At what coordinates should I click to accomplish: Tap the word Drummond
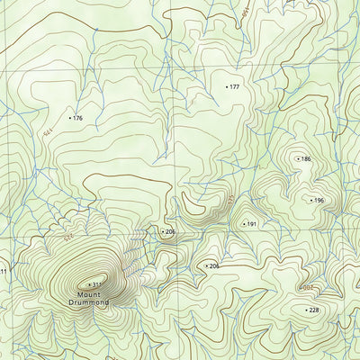click(90, 303)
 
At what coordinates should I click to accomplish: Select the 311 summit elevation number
click(97, 285)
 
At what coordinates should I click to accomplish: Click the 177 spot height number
click(235, 87)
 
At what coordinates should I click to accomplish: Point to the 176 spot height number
click(77, 118)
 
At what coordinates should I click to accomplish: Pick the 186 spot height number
click(306, 159)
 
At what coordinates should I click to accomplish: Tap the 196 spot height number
click(319, 200)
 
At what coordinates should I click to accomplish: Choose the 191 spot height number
click(252, 224)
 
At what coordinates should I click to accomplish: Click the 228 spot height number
click(314, 310)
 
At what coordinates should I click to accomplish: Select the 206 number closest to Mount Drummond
click(171, 232)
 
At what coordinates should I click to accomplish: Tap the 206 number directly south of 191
click(214, 266)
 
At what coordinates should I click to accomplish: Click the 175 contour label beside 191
click(230, 199)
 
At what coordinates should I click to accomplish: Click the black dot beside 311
click(88, 285)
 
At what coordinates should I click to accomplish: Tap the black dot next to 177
click(226, 87)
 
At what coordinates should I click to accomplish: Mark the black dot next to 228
click(304, 310)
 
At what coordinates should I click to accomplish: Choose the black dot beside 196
click(310, 200)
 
